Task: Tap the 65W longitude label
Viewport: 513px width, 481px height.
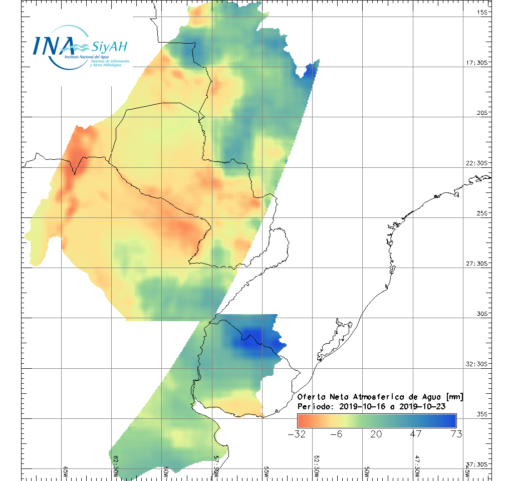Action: tap(66, 470)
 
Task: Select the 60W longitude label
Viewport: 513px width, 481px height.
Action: tap(166, 470)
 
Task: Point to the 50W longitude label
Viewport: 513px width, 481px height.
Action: tap(367, 470)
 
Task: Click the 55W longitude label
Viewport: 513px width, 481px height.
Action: tap(267, 470)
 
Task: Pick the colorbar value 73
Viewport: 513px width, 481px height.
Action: tap(456, 434)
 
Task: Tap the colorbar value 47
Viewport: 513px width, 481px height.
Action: tap(416, 434)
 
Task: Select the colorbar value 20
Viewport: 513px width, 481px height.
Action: tap(376, 434)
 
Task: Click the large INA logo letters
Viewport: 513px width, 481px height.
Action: tap(54, 45)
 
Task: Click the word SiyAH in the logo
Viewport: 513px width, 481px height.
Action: tap(109, 47)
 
